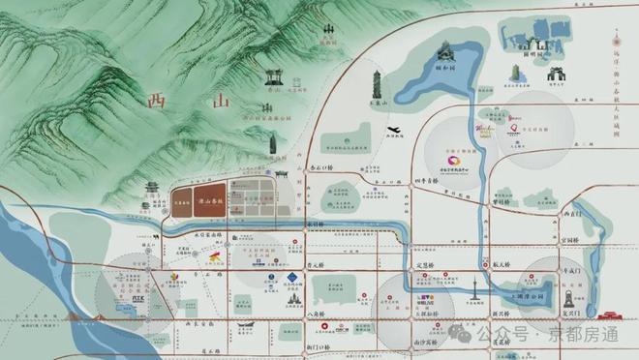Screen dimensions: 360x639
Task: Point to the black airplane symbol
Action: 393,132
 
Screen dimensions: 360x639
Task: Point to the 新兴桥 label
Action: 501,314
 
